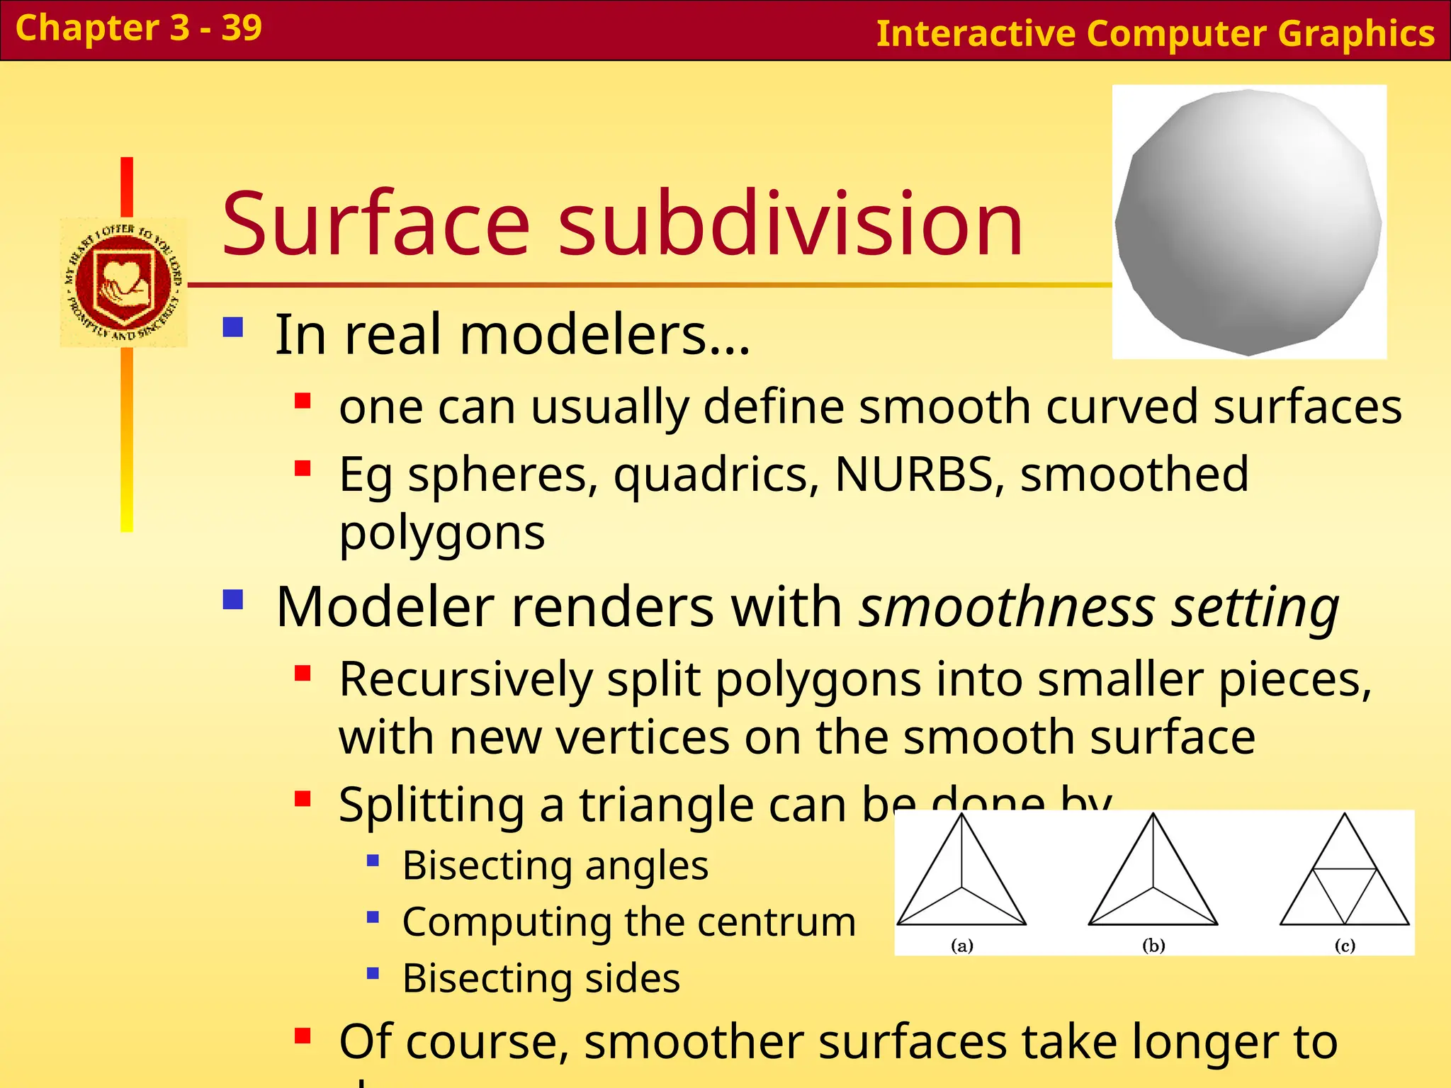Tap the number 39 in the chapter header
pos(242,28)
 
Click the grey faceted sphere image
pos(1248,222)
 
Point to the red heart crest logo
pos(124,282)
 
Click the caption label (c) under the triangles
pos(1344,945)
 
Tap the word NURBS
pos(919,474)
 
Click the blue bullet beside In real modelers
pos(233,327)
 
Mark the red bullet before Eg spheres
pos(303,468)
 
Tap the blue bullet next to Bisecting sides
pos(373,973)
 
